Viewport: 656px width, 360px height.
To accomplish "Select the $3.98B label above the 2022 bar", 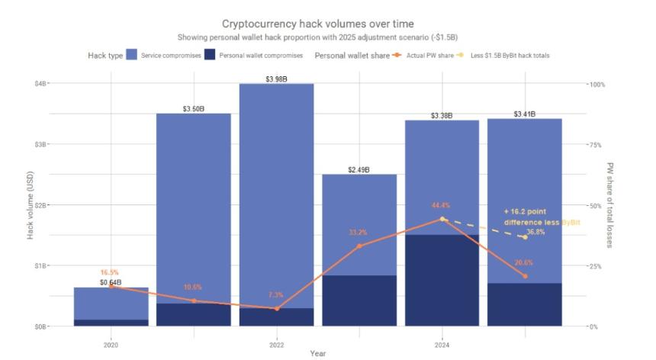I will (276, 79).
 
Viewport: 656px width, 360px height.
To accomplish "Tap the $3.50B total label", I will (194, 109).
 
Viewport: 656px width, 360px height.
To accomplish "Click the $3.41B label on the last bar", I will (523, 114).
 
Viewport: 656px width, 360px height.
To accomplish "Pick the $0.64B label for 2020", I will (111, 283).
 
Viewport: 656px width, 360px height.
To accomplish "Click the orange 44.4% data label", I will (441, 205).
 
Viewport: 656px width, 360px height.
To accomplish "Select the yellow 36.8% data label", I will (536, 232).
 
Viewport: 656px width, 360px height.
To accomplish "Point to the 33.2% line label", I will (359, 232).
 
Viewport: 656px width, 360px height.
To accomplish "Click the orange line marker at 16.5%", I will (111, 286).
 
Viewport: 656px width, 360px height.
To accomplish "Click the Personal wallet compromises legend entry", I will (260, 56).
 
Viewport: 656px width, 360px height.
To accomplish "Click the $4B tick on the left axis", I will (38, 83).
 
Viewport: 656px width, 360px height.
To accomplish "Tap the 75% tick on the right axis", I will (596, 144).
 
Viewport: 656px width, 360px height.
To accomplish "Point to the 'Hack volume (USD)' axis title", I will (31, 204).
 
